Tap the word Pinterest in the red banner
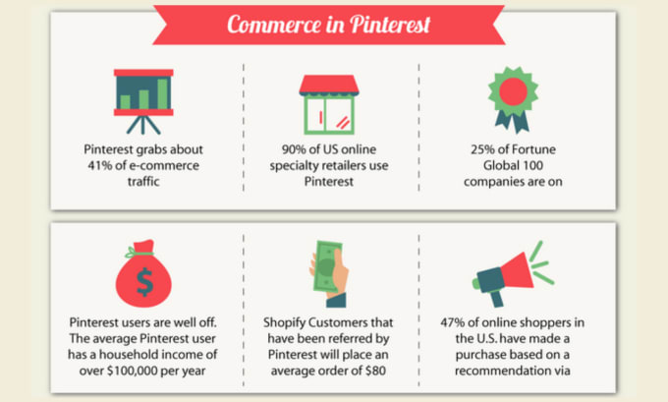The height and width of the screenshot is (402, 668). pos(390,25)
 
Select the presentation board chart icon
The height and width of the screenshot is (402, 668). pos(143,102)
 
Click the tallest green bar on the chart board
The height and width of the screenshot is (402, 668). pos(162,93)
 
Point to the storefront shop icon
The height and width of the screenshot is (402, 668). pos(329,105)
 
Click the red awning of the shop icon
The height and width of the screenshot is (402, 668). pos(329,85)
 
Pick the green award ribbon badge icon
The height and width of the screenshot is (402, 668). pos(513,99)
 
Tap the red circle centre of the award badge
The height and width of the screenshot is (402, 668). pos(513,91)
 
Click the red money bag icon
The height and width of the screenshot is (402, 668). pos(143,273)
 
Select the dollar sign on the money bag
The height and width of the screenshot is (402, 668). pos(144,282)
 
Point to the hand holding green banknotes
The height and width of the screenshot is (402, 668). pos(328,273)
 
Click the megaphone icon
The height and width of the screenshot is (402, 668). pos(513,274)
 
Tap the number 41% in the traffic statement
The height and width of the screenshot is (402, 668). pos(99,165)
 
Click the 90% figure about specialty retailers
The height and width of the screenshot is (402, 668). pos(294,149)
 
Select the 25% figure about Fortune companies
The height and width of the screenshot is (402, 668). pos(482,149)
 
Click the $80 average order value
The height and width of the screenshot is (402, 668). pos(375,371)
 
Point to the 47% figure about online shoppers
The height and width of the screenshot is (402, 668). pos(453,322)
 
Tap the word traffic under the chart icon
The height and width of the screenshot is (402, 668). pos(143,182)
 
